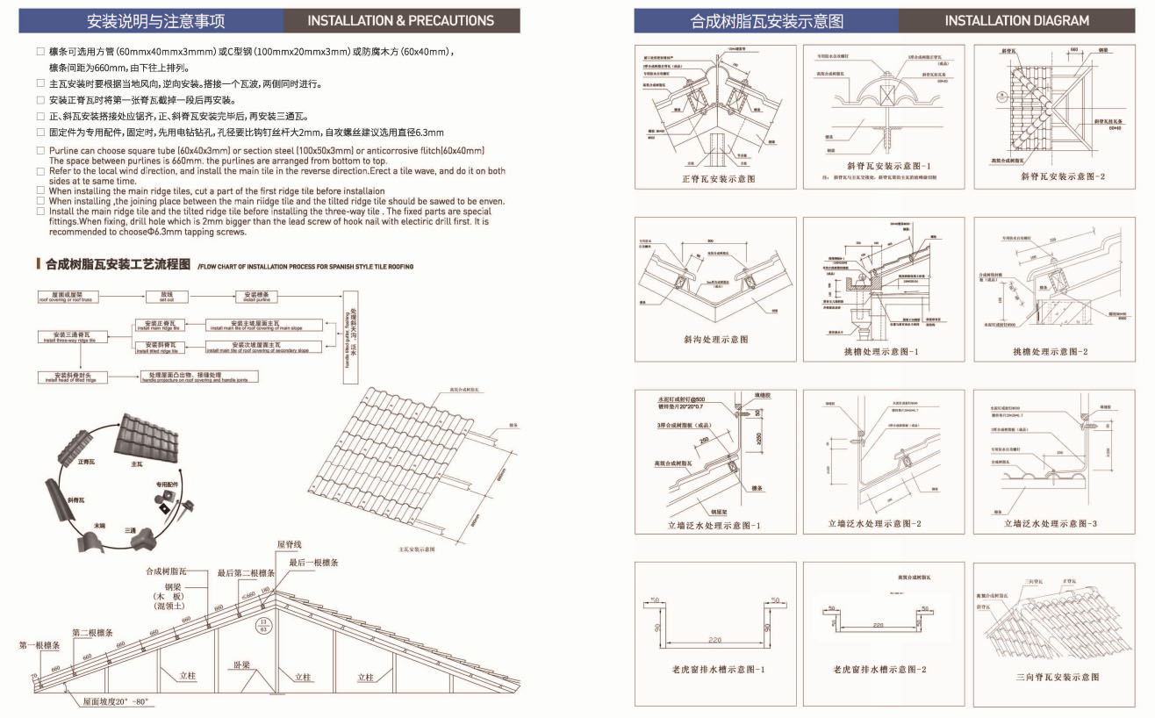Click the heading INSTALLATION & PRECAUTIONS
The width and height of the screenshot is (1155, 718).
coord(401,20)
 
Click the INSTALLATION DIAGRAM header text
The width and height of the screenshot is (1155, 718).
coord(1016,20)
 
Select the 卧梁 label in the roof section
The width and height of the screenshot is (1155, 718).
coord(243,665)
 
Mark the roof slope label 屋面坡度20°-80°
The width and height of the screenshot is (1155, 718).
coord(117,702)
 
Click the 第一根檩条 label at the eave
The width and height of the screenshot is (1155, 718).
coord(39,645)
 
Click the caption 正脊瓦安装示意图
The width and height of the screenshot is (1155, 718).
coord(717,179)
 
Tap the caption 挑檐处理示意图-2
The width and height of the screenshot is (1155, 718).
coord(1051,352)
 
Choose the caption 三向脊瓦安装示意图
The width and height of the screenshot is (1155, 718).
coord(1057,677)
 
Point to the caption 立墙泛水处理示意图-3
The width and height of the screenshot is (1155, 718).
coord(1051,524)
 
